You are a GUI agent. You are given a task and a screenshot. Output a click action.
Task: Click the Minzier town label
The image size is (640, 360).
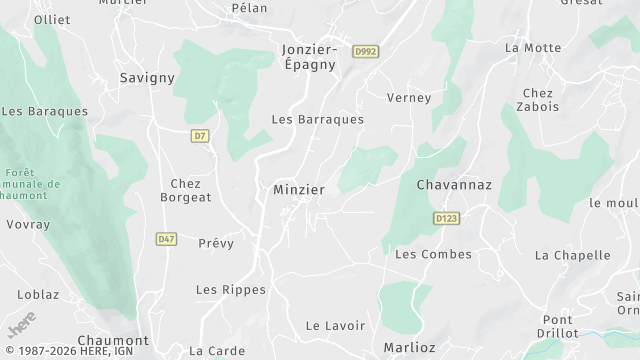299,189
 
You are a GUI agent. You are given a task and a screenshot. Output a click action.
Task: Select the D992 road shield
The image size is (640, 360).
367,50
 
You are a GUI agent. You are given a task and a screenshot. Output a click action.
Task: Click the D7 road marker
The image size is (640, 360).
199,134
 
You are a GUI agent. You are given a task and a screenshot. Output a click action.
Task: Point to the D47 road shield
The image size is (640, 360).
166,239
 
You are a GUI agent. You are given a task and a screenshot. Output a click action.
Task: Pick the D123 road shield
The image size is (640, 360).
446,217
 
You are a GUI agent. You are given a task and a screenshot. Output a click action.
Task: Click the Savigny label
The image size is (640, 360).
147,77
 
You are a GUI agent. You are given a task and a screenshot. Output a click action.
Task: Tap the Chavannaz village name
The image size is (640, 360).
454,185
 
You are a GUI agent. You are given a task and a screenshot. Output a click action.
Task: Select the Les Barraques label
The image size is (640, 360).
318,119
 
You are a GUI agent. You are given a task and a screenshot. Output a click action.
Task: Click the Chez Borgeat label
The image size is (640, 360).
186,190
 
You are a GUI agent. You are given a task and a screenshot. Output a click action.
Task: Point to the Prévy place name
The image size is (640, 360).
216,243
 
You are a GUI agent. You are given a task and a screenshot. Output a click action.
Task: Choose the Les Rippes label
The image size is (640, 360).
231,290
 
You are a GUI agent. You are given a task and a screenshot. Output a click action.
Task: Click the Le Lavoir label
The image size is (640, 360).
335,326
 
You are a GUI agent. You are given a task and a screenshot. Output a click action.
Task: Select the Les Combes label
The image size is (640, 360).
433,254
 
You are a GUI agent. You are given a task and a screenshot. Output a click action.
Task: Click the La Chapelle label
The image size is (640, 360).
572,255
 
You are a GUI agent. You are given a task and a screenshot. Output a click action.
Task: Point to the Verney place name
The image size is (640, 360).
409,98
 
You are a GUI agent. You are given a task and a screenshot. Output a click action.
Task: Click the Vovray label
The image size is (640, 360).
27,225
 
